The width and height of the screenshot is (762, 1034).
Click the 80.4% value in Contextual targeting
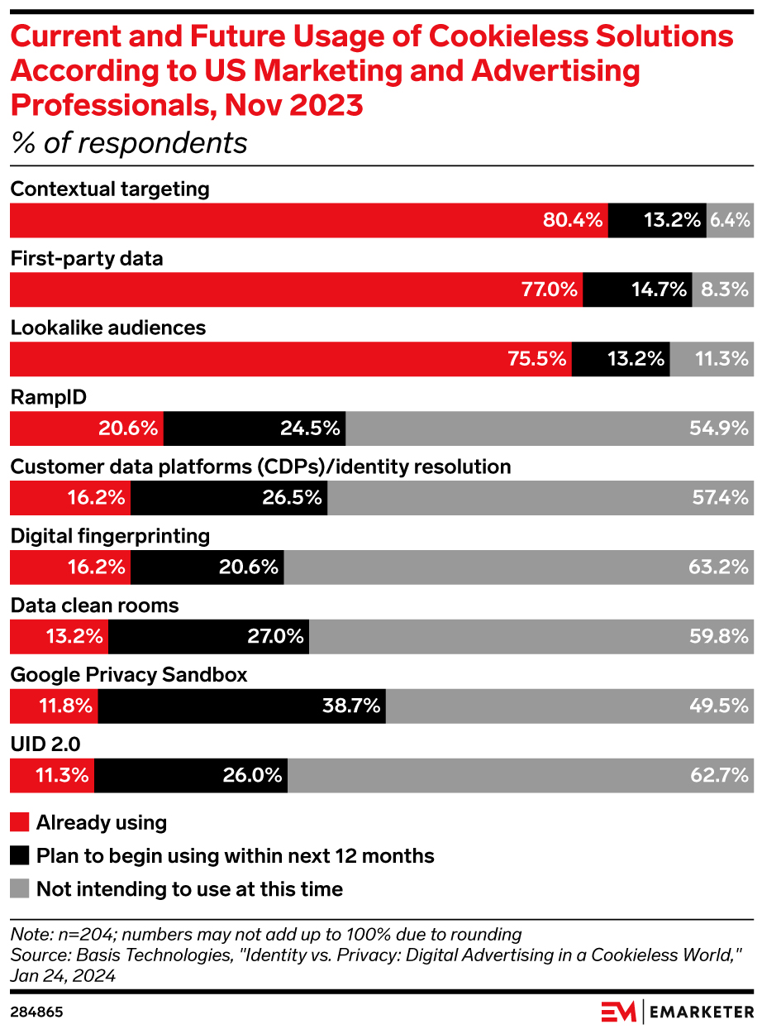pos(573,220)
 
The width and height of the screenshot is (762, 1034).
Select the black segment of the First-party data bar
pos(637,290)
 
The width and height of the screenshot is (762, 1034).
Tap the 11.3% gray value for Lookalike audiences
pos(721,359)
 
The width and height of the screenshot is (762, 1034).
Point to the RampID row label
pos(48,398)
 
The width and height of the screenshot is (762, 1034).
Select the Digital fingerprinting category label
pos(110,537)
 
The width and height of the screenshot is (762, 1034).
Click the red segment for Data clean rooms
pos(59,637)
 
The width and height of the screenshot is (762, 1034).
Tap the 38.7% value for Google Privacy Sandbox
pos(350,706)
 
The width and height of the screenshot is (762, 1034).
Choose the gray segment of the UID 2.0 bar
pos(520,776)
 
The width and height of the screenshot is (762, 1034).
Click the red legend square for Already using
pos(19,823)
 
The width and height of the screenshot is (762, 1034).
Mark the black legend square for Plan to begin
pos(19,856)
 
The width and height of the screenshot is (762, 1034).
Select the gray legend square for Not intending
pos(19,889)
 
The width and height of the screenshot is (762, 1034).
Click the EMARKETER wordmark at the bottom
pos(701,1012)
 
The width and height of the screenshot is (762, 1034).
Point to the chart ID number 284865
pos(36,1012)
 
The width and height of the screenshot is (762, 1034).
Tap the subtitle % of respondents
pos(129,143)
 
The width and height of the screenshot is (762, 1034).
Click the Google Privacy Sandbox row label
pos(129,675)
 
